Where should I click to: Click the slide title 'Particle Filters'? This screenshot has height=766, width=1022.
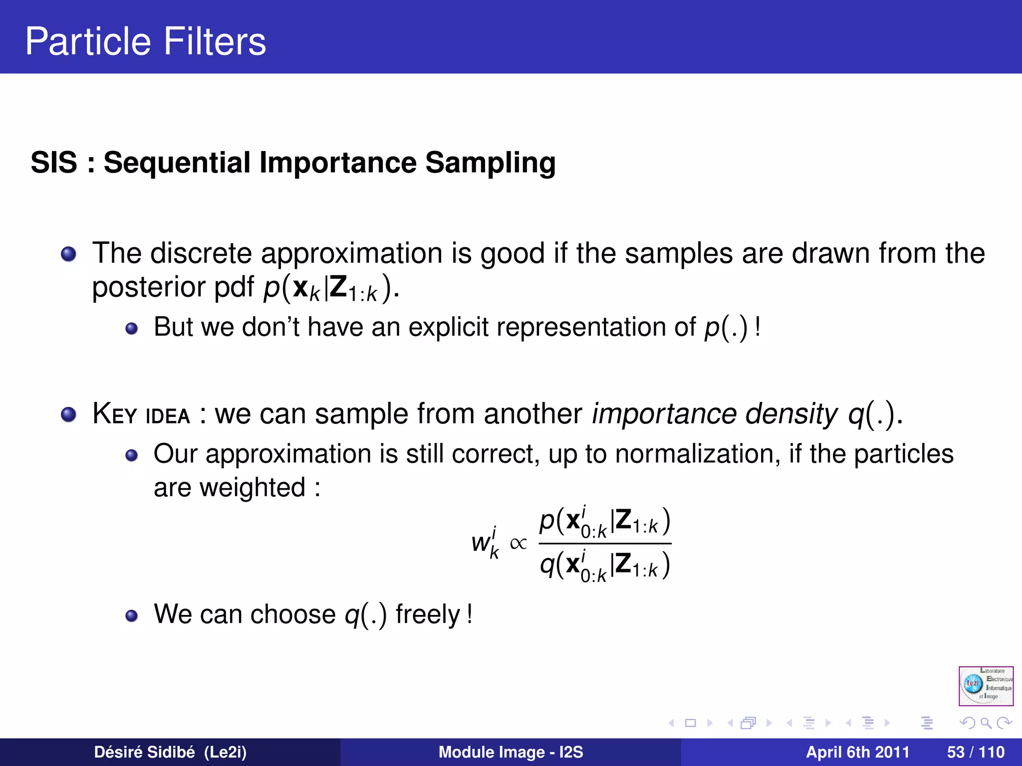[x=145, y=41]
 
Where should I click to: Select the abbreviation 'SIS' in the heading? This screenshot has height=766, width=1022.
[x=54, y=163]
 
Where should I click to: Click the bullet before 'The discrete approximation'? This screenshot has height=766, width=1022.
[x=68, y=254]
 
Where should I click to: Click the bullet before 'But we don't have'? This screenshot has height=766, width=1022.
[x=131, y=328]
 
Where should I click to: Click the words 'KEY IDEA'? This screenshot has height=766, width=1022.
[x=141, y=414]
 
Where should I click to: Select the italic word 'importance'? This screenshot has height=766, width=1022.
[x=664, y=414]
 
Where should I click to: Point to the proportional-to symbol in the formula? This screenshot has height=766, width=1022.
[x=518, y=543]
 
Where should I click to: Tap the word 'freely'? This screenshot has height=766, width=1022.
[x=428, y=614]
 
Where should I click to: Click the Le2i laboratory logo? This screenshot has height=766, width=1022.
[x=986, y=686]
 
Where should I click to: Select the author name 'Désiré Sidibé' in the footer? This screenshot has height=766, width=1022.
[x=145, y=752]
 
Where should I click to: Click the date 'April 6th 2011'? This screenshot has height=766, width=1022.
[x=857, y=752]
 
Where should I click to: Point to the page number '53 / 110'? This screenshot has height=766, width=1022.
[x=976, y=752]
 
